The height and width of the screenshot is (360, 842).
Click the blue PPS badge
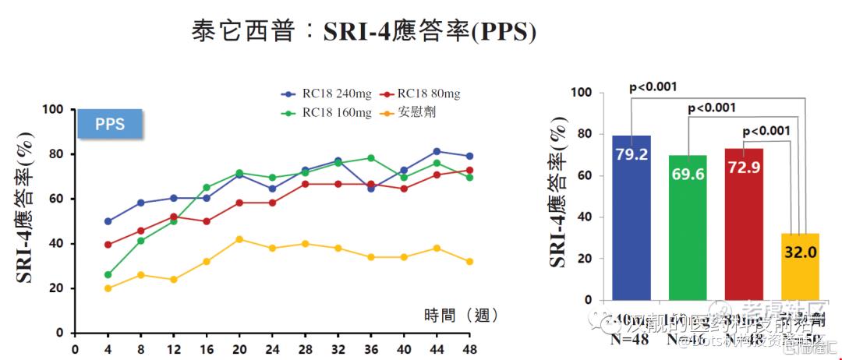pos(110,124)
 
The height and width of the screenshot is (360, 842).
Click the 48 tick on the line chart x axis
pos(470,348)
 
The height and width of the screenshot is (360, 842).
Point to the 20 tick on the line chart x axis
pos(239,348)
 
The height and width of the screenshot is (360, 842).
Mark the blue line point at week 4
pos(108,221)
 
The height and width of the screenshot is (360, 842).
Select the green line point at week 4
pos(108,274)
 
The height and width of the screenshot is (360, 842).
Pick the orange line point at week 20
pos(239,239)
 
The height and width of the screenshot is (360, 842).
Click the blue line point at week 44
pos(437,151)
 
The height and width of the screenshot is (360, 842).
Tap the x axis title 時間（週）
pos(461,316)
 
